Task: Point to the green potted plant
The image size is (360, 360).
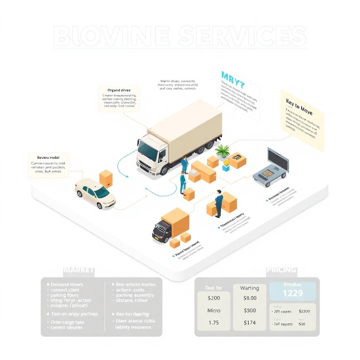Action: pos(222,151)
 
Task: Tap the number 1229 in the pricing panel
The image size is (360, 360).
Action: pos(292,293)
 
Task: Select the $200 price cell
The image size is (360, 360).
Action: pos(214,298)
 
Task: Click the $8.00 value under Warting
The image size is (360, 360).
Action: pos(250,298)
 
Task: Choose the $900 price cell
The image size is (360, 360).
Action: pos(250,310)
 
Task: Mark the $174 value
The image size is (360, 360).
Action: pos(250,322)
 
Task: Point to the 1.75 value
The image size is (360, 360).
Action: pos(214,322)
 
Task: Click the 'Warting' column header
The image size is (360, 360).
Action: pos(250,288)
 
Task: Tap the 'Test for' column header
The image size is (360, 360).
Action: pos(214,288)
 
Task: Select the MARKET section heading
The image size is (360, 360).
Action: pos(79,270)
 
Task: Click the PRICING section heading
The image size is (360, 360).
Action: pos(281,270)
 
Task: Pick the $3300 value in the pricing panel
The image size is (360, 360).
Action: pos(304,311)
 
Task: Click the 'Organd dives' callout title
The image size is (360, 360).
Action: pos(119,90)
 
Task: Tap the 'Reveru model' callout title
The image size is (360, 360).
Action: pos(48,158)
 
